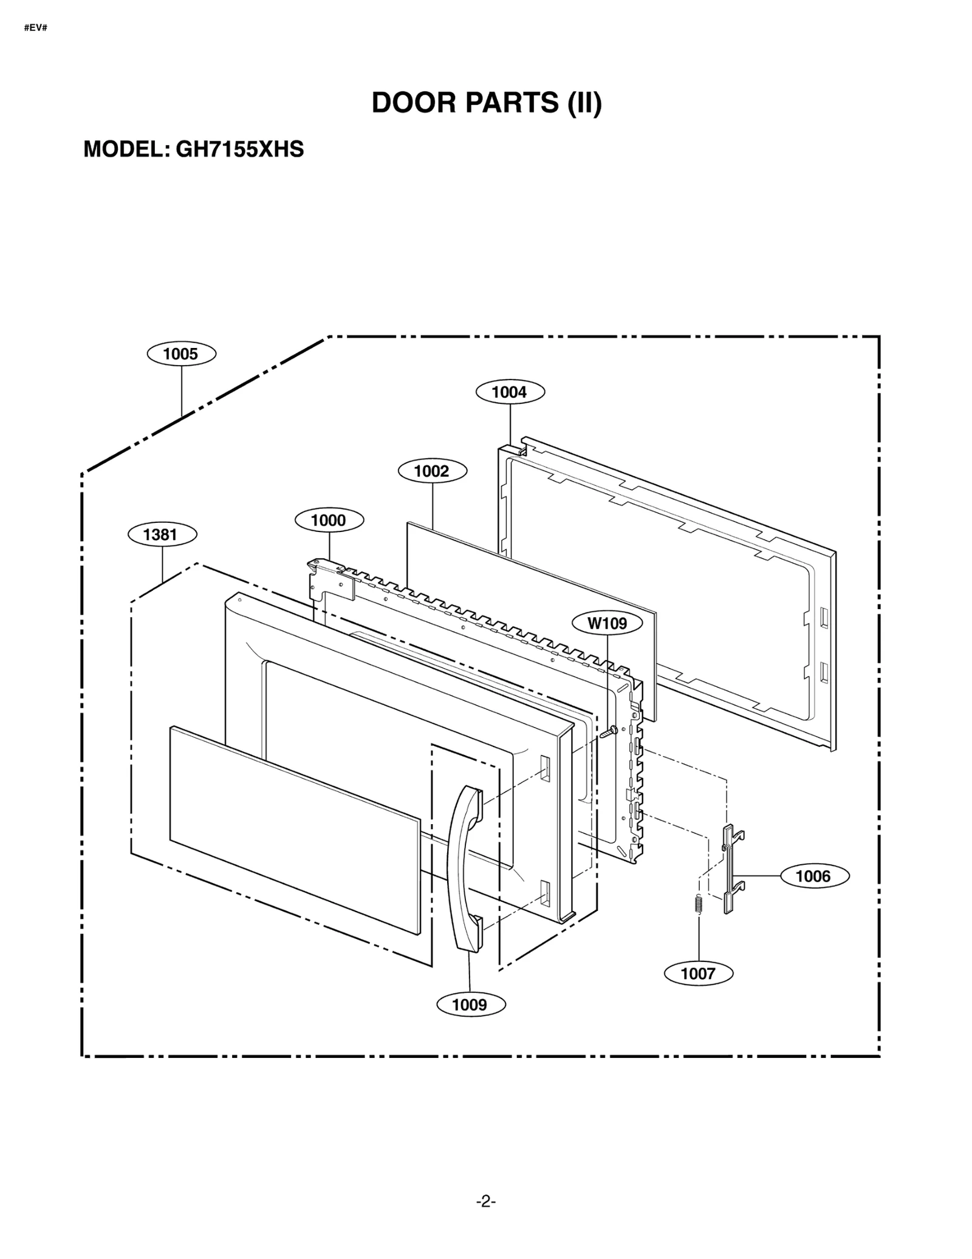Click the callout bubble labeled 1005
[x=181, y=354]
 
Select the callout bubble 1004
[x=510, y=392]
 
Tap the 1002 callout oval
[x=432, y=471]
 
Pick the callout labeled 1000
[x=329, y=520]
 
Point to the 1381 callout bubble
[x=162, y=534]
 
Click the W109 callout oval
[x=607, y=623]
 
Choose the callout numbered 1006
[x=813, y=876]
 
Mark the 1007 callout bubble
[x=698, y=974]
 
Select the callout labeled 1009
[x=470, y=1005]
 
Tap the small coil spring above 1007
[x=698, y=904]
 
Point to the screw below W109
[x=608, y=732]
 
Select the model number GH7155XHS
[x=239, y=149]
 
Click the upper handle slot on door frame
[x=544, y=768]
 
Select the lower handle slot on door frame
[x=544, y=893]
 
